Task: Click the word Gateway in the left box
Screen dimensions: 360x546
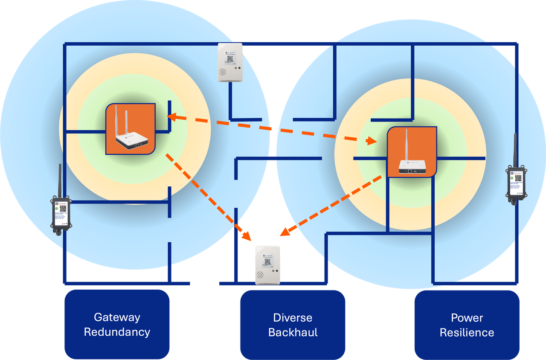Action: click(117, 317)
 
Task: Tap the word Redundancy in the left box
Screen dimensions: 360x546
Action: click(117, 332)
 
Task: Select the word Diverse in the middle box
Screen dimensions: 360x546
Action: click(293, 318)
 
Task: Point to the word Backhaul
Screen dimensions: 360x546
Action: click(293, 333)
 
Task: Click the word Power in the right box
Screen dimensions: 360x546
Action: click(467, 318)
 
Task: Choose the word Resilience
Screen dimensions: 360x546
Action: click(467, 333)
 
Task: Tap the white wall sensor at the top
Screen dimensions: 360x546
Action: click(230, 62)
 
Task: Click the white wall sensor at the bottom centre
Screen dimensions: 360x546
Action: click(267, 264)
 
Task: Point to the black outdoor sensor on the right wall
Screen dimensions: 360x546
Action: click(516, 184)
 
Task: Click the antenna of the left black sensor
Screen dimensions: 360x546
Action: click(60, 179)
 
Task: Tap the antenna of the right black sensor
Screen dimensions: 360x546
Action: click(515, 149)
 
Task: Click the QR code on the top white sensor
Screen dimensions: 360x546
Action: click(230, 58)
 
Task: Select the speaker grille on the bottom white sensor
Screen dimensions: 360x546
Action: click(260, 275)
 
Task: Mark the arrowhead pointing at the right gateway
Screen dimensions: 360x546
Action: click(372, 140)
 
